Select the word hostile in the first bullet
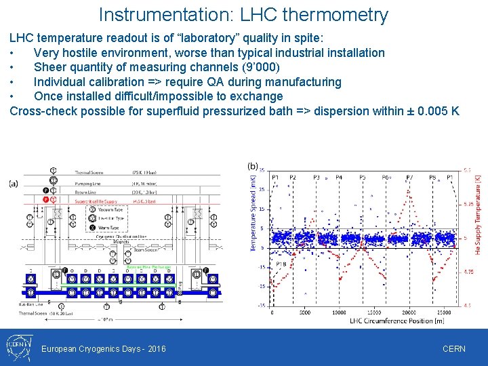tap(85, 52)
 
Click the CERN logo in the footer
tap(17, 348)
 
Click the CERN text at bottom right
tap(453, 348)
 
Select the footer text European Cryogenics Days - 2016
tap(104, 348)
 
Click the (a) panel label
tap(14, 183)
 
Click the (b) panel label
tap(253, 165)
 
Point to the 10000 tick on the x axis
tap(339, 312)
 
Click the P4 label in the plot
tap(339, 178)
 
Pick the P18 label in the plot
tap(280, 264)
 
